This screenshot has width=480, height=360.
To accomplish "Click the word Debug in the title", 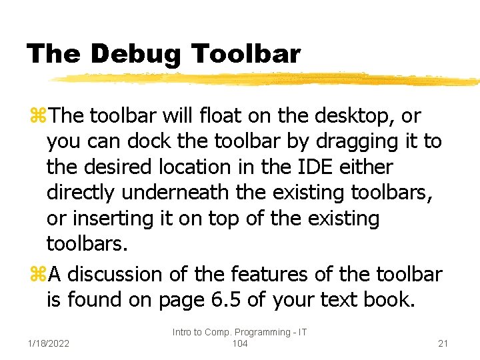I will [135, 54].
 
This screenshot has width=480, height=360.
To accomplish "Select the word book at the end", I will [388, 300].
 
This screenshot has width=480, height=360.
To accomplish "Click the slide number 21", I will [443, 343].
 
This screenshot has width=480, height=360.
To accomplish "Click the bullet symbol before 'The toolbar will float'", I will [37, 117].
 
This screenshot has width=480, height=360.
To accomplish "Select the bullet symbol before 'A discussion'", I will [37, 275].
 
